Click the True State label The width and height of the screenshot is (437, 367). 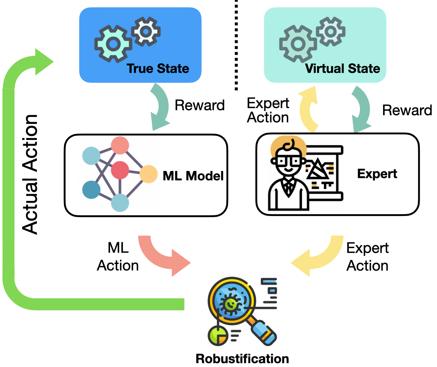(x=158, y=68)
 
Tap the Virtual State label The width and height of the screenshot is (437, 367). (x=343, y=68)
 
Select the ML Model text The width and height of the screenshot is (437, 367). (x=193, y=176)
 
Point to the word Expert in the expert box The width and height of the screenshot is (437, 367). (x=377, y=174)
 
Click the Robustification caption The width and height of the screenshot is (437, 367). (x=242, y=358)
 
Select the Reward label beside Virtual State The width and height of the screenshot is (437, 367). (x=407, y=110)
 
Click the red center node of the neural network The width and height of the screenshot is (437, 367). (x=120, y=170)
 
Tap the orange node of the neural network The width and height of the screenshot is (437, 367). (x=149, y=174)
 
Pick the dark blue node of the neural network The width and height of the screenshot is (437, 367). (x=91, y=190)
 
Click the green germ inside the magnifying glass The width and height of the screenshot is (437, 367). (x=231, y=304)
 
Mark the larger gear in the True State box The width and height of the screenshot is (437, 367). (x=112, y=44)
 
